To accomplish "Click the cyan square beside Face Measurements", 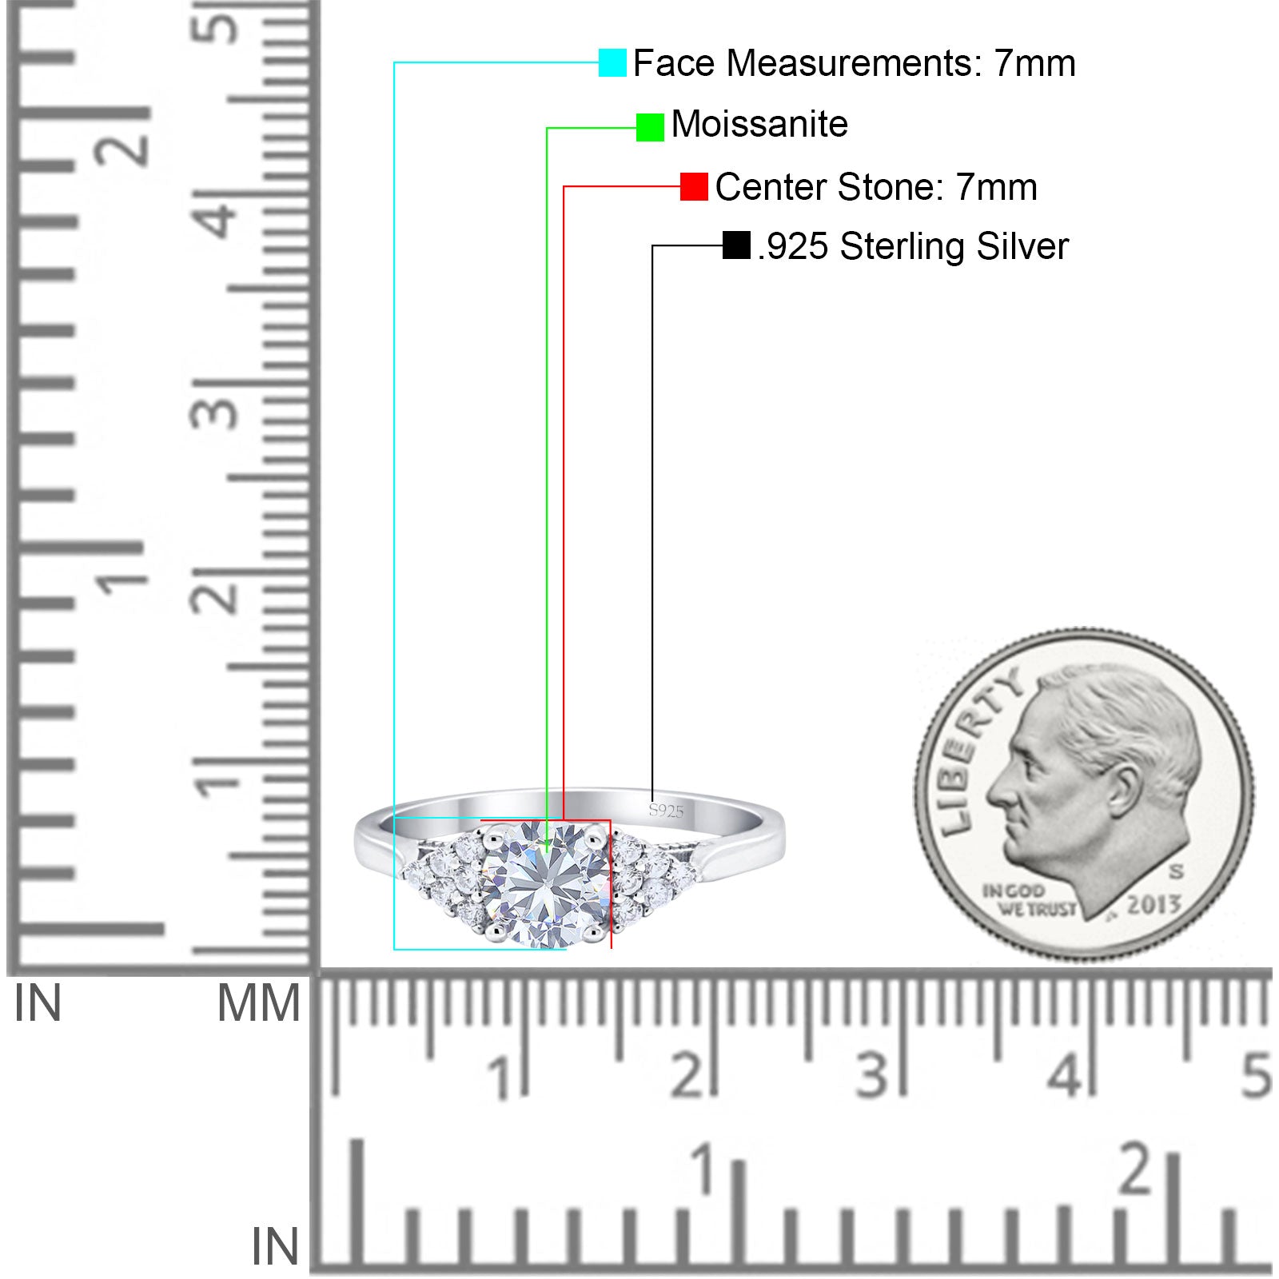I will (x=612, y=62).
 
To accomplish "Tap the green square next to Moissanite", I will (x=650, y=127).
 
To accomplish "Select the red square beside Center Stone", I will (x=694, y=186).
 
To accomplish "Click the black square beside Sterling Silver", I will (x=736, y=245).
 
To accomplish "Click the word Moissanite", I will (x=759, y=125).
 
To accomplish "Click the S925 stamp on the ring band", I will (x=666, y=811).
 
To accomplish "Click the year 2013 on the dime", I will (x=1153, y=905).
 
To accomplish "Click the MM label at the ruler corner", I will (x=258, y=1004).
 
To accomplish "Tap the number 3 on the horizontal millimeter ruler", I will (x=871, y=1075).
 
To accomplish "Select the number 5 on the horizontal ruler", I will (x=1256, y=1075).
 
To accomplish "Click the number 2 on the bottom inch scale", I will (x=1136, y=1169).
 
